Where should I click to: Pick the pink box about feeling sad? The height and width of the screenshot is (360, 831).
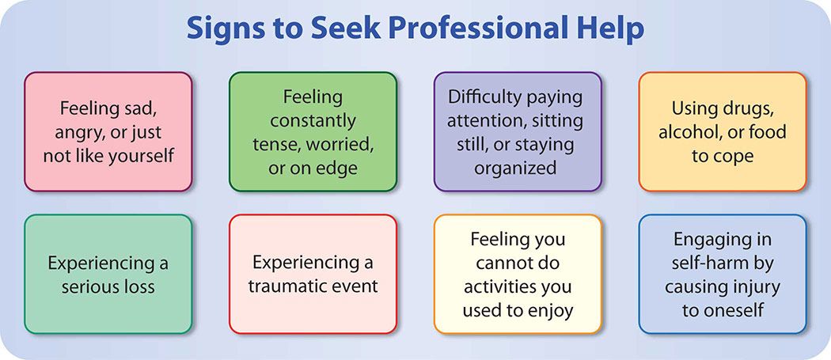tap(108, 131)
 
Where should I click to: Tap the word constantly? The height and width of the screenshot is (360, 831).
tap(313, 121)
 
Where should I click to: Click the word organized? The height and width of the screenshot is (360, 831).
tap(515, 168)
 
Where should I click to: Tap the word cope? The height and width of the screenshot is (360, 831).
tap(734, 157)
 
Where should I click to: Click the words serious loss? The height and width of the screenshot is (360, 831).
tap(108, 287)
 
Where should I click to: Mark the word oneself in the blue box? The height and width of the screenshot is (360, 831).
tap(734, 311)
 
